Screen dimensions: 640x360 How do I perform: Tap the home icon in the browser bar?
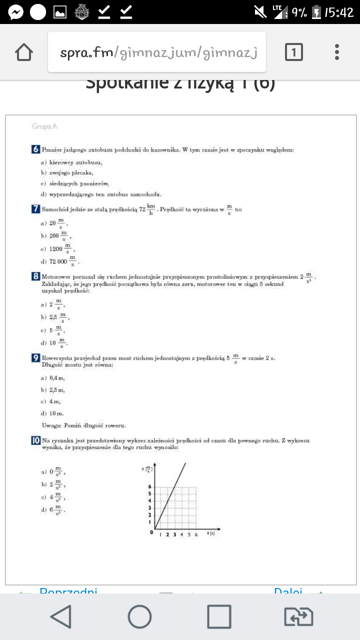pos(24,52)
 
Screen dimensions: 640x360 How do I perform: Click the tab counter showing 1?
pos(294,52)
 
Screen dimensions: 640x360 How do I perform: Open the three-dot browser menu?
pos(337,52)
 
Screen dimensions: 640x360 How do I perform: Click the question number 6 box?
pos(35,149)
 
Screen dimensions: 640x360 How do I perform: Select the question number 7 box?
pos(35,209)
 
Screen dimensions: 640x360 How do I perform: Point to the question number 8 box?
pos(35,276)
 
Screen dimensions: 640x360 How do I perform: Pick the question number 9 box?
pos(35,357)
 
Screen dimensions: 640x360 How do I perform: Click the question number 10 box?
pos(35,440)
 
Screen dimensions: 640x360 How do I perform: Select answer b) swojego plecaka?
pos(67,173)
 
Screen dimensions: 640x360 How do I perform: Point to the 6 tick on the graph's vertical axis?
pos(149,486)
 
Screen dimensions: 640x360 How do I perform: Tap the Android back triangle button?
pos(61,616)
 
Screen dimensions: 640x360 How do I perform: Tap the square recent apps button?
pos(219,616)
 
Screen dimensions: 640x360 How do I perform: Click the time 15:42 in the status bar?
pos(339,12)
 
